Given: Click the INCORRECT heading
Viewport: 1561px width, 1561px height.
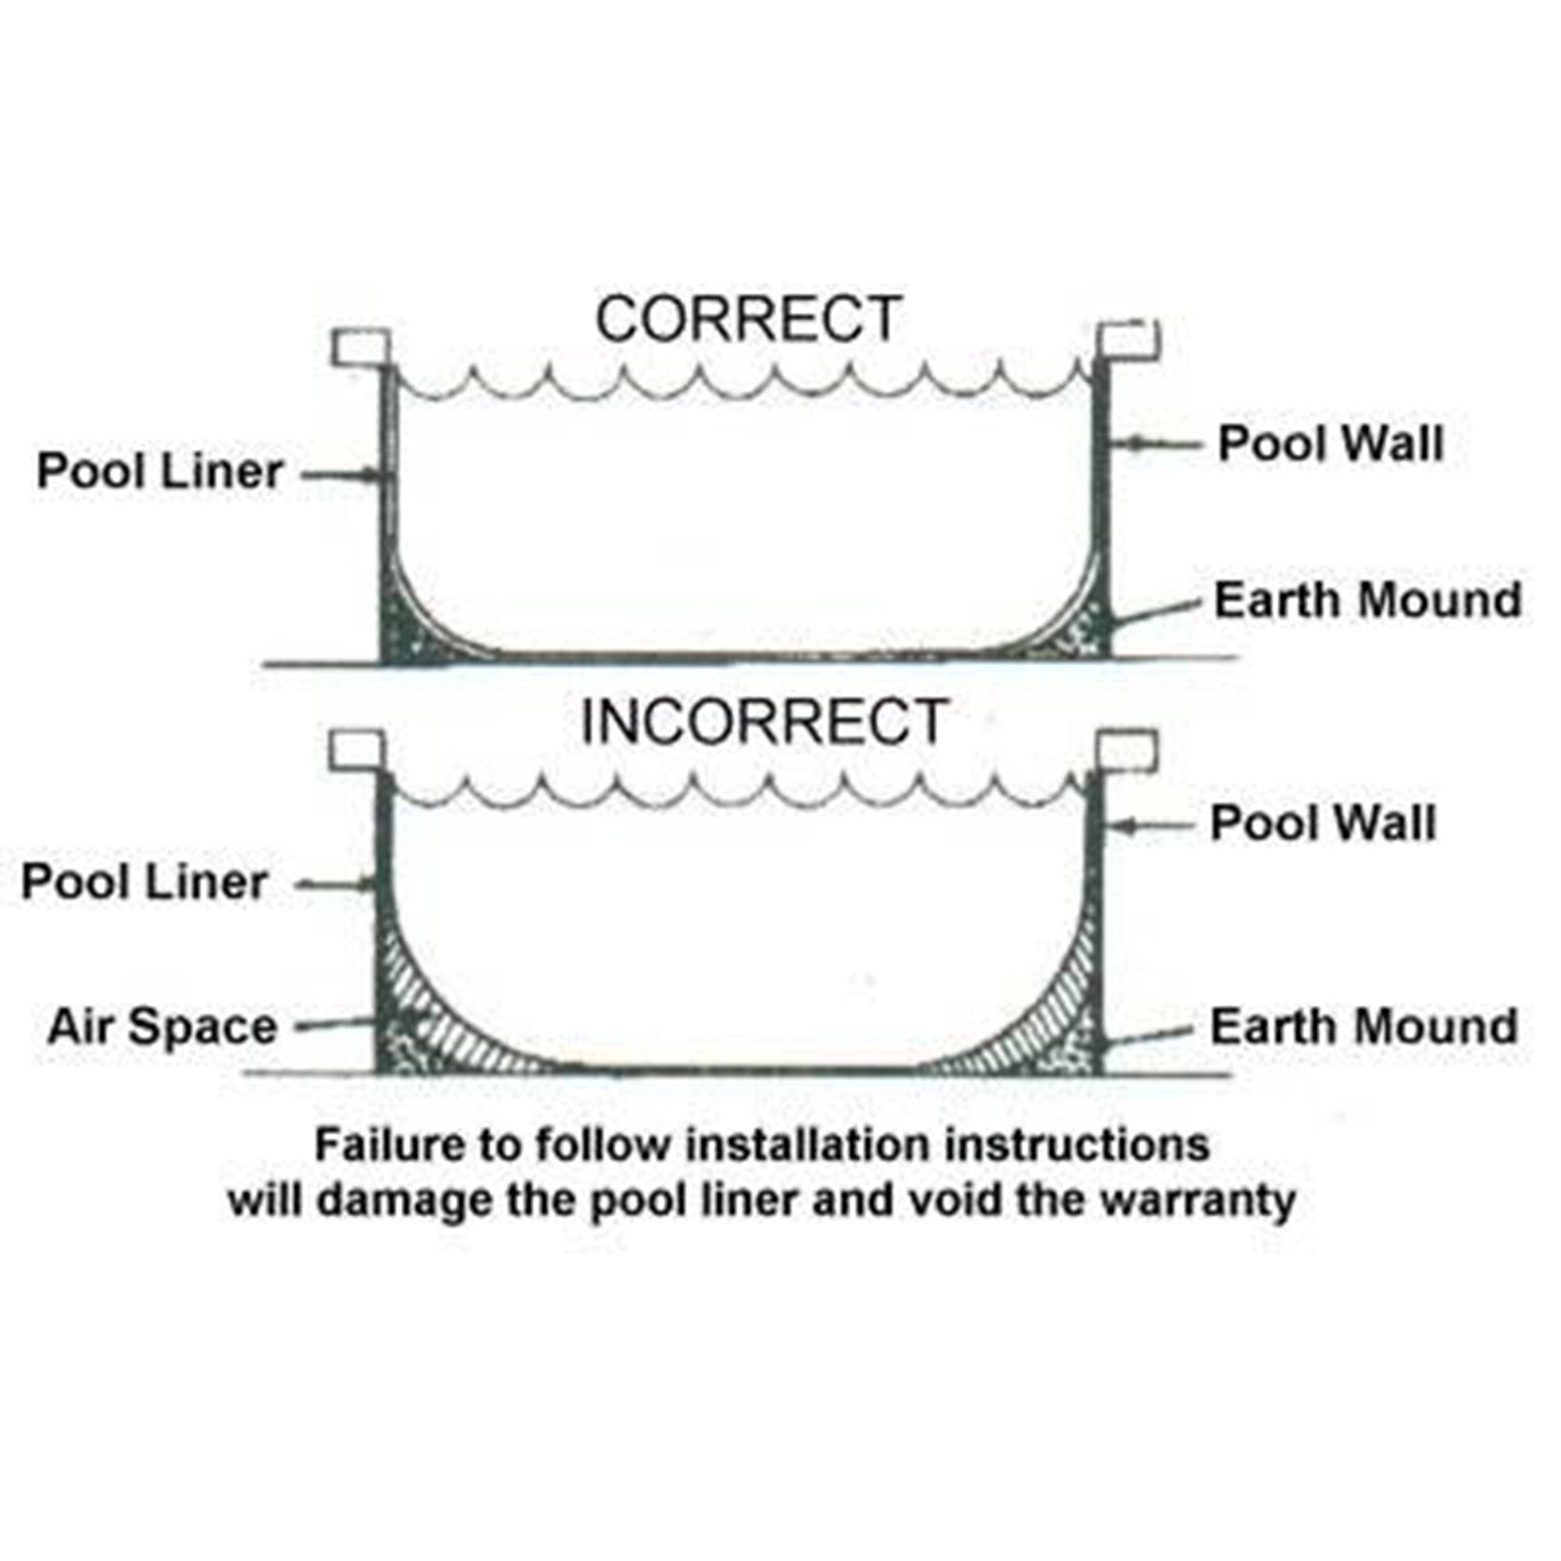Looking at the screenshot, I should click(x=763, y=721).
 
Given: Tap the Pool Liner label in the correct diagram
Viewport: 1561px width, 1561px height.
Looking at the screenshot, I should click(x=160, y=471).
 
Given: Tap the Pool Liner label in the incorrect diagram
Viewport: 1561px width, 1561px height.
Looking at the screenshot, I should click(x=144, y=881).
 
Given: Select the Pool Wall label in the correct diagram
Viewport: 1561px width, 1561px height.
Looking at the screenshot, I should click(x=1330, y=443).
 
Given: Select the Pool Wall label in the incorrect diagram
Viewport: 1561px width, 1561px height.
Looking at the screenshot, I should click(x=1323, y=823).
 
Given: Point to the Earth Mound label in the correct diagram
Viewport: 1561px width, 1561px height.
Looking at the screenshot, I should click(x=1368, y=600).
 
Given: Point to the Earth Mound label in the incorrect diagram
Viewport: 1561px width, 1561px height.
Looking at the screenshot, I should click(x=1363, y=1027).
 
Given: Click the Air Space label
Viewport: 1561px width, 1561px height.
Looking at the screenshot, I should click(x=162, y=1027).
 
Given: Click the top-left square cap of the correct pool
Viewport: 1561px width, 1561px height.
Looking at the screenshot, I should click(x=361, y=347).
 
